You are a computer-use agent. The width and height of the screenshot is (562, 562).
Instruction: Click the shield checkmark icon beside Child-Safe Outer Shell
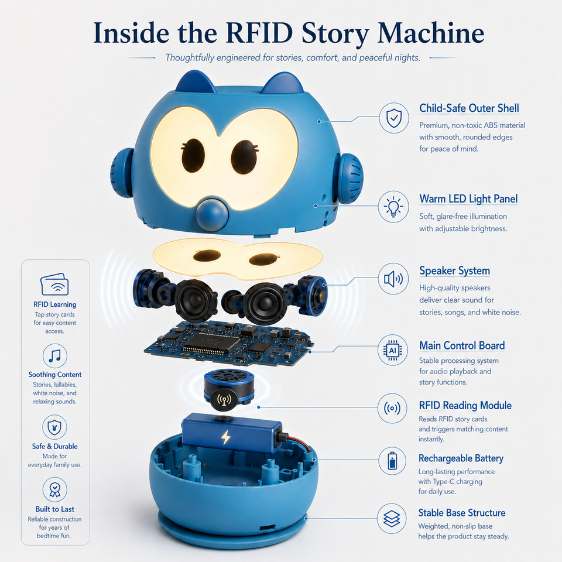[x=394, y=118]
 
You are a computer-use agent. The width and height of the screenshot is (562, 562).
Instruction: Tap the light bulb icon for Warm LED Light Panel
[x=393, y=207]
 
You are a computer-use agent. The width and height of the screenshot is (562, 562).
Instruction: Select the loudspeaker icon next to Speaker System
[x=393, y=279]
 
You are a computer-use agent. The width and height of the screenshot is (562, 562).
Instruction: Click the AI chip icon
[x=393, y=350]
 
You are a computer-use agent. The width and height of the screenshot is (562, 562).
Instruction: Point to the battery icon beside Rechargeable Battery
[x=392, y=461]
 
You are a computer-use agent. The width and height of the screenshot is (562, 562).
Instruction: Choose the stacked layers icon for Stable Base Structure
[x=392, y=518]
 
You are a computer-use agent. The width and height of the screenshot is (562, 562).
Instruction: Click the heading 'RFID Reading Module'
[x=465, y=405]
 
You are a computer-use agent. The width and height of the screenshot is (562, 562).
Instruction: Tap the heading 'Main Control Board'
[x=462, y=345]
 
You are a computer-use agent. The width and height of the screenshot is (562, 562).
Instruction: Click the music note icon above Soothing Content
[x=55, y=356]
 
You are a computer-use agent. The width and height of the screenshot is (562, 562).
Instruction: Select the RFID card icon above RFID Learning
[x=54, y=285]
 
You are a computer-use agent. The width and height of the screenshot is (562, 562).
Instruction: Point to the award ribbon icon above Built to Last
[x=54, y=489]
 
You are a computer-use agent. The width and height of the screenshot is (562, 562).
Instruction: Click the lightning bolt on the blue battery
[x=225, y=437]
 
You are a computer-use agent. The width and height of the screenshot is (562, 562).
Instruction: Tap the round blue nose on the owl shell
[x=212, y=214]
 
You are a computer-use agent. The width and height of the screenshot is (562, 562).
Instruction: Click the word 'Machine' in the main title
[x=430, y=33]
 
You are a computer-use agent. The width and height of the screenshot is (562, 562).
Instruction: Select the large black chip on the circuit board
[x=211, y=343]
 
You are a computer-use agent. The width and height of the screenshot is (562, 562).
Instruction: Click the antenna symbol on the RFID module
[x=224, y=399]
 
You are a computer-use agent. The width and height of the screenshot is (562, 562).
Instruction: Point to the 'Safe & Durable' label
[x=55, y=446]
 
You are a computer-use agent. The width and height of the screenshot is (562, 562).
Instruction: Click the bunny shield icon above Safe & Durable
[x=54, y=427]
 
